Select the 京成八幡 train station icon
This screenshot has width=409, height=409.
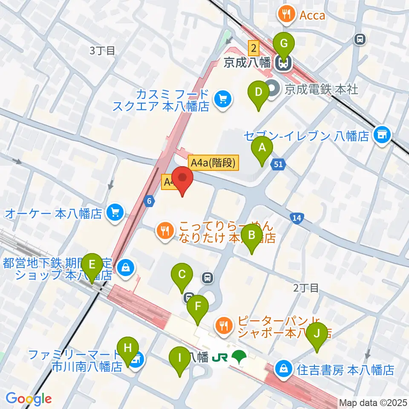click(x=282, y=63)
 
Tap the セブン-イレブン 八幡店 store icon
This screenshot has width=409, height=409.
click(x=381, y=135)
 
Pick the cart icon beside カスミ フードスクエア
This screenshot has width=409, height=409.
click(x=223, y=99)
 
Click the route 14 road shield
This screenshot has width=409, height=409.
click(x=297, y=219)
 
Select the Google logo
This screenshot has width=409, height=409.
click(x=29, y=399)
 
